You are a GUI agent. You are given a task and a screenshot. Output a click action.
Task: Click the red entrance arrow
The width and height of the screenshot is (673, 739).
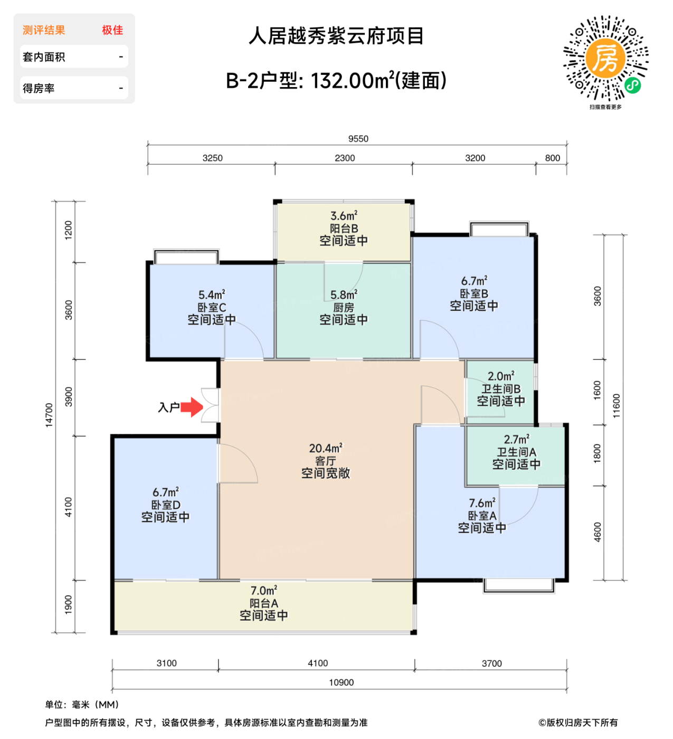[x=192, y=407]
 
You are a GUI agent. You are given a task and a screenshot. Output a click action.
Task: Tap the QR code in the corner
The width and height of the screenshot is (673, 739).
[x=605, y=58]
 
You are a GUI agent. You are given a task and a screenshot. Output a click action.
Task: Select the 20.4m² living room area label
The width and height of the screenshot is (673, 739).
[x=326, y=448]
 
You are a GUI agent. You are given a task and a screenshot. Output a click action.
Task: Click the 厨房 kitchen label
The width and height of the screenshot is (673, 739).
[x=344, y=307]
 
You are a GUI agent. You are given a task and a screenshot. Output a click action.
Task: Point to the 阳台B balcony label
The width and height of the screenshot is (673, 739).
[x=344, y=229]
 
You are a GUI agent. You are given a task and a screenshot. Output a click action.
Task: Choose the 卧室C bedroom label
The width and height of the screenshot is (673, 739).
[x=212, y=307]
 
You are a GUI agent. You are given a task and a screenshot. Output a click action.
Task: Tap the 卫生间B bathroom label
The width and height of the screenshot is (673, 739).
[x=501, y=389]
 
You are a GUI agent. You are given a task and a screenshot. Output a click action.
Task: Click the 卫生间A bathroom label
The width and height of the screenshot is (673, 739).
[x=516, y=452]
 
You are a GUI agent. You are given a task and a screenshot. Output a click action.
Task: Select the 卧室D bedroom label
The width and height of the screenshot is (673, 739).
[x=166, y=505]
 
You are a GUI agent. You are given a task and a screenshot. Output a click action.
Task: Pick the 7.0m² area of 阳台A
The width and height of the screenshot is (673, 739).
[x=264, y=591]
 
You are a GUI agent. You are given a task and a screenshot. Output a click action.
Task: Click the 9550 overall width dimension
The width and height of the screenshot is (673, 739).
[x=358, y=139]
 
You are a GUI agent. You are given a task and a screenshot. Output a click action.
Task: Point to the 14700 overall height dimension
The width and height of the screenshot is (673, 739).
[x=49, y=415]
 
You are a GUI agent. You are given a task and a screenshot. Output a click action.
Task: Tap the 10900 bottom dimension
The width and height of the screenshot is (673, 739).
[x=341, y=683]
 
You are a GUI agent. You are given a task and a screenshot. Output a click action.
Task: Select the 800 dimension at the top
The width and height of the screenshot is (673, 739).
[x=552, y=158]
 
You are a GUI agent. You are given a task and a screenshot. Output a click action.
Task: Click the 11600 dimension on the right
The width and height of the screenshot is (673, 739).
[x=617, y=406]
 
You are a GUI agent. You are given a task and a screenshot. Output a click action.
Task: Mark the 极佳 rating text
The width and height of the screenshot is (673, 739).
[x=112, y=30]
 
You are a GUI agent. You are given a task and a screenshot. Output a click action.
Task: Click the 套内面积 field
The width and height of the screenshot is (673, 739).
[x=74, y=56]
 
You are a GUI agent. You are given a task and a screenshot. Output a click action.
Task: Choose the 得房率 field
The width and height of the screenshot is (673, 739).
[x=74, y=88]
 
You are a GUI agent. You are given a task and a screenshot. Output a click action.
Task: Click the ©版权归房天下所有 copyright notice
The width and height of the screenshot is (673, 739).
[x=577, y=723]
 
